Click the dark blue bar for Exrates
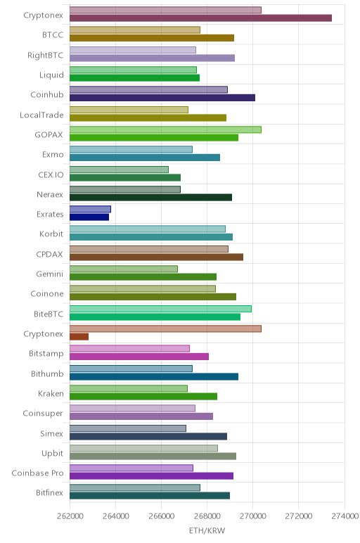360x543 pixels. [x=89, y=217]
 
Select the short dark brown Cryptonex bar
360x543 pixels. [x=79, y=337]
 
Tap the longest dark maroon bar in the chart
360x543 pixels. [x=201, y=18]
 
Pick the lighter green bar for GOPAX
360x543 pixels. [x=165, y=129]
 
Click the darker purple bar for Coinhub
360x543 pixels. [x=162, y=98]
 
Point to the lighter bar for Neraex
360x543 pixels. [x=125, y=189]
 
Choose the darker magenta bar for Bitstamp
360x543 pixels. [x=139, y=357]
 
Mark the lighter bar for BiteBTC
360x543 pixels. [x=160, y=309]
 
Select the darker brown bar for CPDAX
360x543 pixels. [x=157, y=257]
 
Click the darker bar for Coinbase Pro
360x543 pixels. [x=152, y=475]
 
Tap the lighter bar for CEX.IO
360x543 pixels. [x=119, y=170]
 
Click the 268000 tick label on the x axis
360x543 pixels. [x=207, y=516]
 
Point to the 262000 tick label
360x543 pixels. [x=70, y=516]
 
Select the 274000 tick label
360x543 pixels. [x=345, y=516]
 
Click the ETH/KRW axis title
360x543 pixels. [x=207, y=530]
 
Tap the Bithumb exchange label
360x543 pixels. [x=47, y=373]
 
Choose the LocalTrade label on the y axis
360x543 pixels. [x=41, y=115]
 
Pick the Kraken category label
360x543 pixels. [x=51, y=393]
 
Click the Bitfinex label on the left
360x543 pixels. [x=49, y=492]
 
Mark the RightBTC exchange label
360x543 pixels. [x=45, y=56]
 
